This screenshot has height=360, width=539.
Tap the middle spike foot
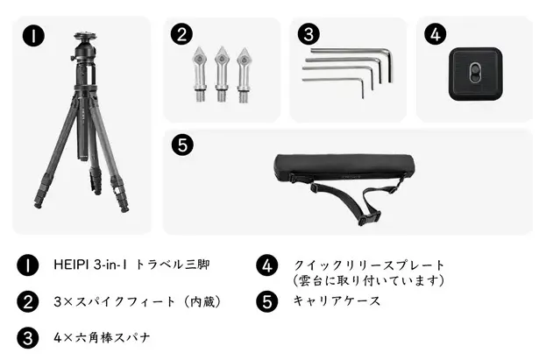[x=222, y=74]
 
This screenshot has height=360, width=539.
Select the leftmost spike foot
[x=199, y=74]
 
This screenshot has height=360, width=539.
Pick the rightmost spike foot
[x=244, y=74]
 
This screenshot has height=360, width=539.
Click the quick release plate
[x=475, y=74]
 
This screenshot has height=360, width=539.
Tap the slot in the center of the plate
[x=475, y=73]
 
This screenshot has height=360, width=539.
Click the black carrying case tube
[x=344, y=167]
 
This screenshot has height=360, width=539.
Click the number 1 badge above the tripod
[x=33, y=36]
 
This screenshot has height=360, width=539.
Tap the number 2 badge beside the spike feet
[x=181, y=34]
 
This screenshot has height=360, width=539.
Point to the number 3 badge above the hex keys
[x=309, y=34]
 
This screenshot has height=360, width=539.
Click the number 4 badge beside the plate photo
[x=436, y=34]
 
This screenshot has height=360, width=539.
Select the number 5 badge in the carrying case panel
[x=182, y=145]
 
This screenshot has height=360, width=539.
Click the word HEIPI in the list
[x=71, y=265]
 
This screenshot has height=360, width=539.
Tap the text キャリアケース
[x=337, y=301]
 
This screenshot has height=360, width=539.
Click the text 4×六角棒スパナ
[x=102, y=338]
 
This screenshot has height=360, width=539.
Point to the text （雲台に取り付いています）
[x=368, y=280]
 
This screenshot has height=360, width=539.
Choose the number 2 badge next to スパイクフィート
[x=28, y=301]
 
